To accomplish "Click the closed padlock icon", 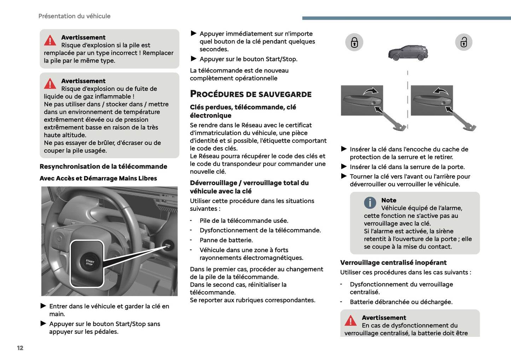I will tap(354, 42).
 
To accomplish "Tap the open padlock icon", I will tap(464, 42).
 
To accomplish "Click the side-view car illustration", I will tap(408, 53).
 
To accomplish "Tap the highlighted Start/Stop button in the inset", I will tap(89, 262).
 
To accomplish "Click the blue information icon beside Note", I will tap(370, 203).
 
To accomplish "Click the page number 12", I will tap(20, 348).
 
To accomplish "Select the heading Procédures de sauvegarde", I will tap(251, 94).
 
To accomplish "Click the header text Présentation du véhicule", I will tap(74, 16).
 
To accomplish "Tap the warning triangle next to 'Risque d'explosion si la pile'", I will tap(50, 41).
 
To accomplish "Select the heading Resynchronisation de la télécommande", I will tap(103, 167).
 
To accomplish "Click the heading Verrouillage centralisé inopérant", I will tap(393, 263).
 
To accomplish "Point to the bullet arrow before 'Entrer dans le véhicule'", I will tap(43, 306).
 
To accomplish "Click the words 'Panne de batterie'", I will tap(226, 240).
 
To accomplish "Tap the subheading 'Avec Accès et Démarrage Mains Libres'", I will tap(98, 179).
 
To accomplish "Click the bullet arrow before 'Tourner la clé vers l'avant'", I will tap(344, 176).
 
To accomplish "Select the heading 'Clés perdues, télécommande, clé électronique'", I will tap(243, 111).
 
